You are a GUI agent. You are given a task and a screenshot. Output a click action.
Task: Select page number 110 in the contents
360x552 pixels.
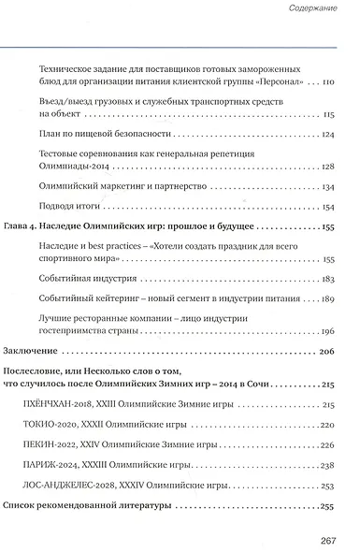click(326, 82)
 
